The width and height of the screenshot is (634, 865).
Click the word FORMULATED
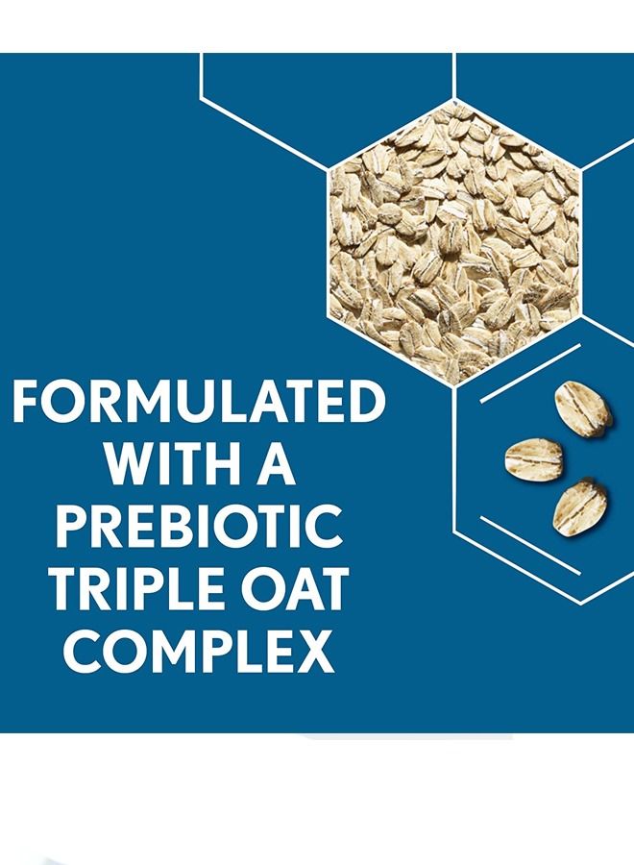pos(199,401)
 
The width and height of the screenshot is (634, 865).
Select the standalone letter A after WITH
pos(275,463)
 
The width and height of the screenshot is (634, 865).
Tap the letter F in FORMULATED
pos(26,401)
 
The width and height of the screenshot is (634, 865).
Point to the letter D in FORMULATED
pos(366,401)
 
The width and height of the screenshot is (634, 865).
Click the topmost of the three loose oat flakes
pos(583,408)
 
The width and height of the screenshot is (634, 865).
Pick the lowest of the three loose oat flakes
pos(580,507)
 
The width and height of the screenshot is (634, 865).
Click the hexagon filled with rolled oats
pos(453,243)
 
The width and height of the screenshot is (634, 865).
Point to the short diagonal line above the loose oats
pos(530,374)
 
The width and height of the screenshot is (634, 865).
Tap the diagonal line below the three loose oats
pos(530,546)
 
